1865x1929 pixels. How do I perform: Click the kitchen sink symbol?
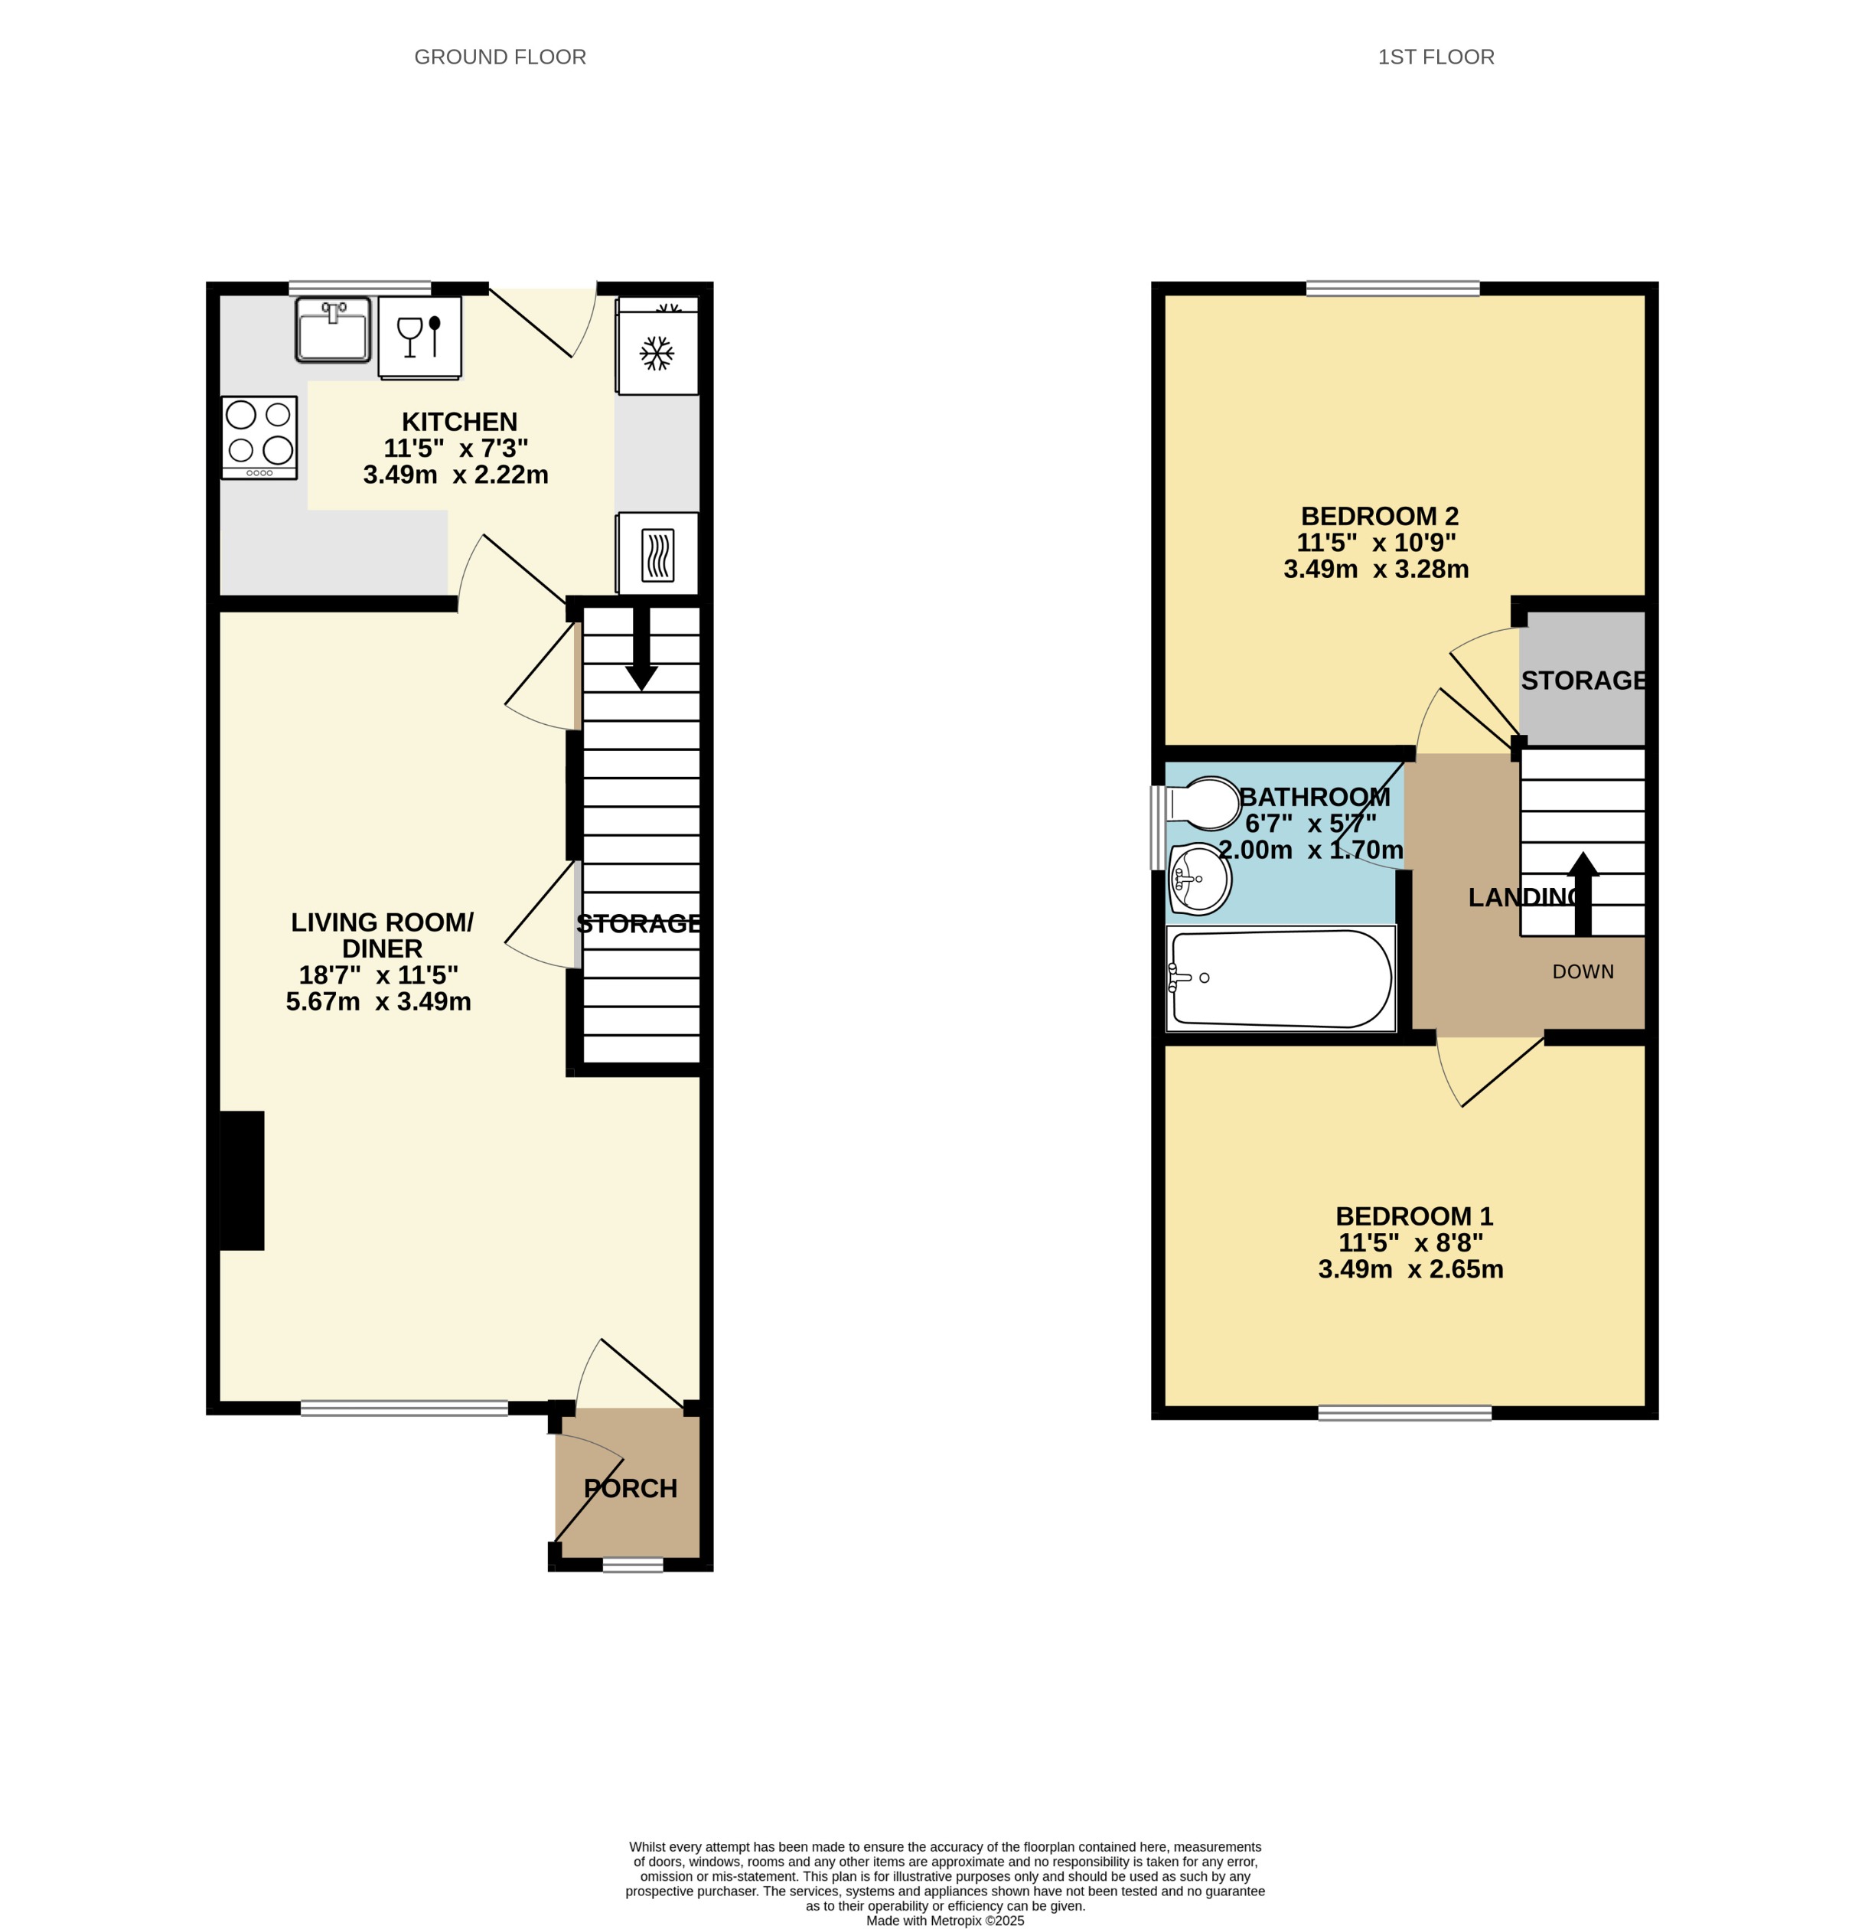click(x=333, y=330)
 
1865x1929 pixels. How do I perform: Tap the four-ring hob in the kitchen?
click(x=259, y=437)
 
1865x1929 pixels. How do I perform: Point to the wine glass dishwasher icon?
click(x=419, y=337)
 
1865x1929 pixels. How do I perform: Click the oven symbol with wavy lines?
click(x=657, y=554)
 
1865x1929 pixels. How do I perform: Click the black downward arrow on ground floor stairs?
click(x=641, y=651)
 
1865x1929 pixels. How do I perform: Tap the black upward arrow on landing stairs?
click(x=1582, y=892)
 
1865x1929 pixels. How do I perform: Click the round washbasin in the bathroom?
click(x=1198, y=878)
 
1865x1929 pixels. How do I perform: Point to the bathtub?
click(x=1280, y=978)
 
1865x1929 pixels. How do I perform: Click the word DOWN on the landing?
click(x=1582, y=971)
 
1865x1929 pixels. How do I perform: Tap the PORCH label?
click(x=630, y=1488)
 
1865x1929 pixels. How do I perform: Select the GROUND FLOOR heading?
click(x=500, y=57)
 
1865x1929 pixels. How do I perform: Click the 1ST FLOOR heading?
click(x=1435, y=57)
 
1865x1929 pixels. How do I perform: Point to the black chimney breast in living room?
click(x=241, y=1180)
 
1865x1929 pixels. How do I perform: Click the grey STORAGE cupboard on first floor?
click(x=1582, y=679)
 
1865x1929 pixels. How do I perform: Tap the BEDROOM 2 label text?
click(x=1379, y=516)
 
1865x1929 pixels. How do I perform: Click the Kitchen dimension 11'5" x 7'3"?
click(x=455, y=448)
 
